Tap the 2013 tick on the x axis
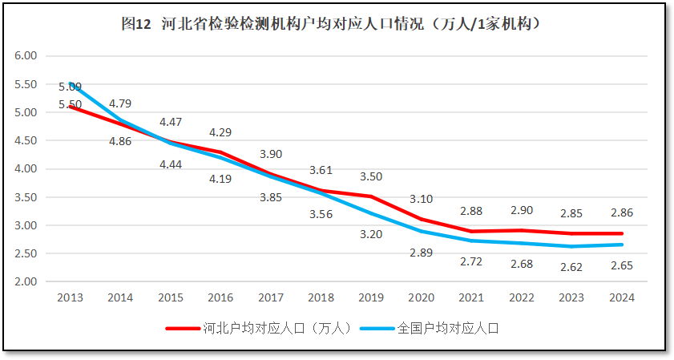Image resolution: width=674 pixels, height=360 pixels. point(70,297)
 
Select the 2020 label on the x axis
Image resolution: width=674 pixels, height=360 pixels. point(422,297)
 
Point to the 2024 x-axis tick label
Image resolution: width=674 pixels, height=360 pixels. point(622,297)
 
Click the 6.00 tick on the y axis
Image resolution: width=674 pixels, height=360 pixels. point(26,56)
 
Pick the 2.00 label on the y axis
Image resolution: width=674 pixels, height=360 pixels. point(26,281)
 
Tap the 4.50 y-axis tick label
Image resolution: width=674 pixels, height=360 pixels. point(26,140)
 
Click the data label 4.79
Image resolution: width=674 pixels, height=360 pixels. point(120,103)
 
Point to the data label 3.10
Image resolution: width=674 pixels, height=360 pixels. point(421,198)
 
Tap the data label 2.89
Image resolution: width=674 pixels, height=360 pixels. point(421,253)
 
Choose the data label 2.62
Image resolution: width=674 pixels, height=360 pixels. point(571,267)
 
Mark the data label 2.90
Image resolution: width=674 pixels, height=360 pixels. point(522,210)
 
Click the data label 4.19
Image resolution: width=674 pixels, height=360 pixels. point(220,179)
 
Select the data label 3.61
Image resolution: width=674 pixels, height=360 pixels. point(321,170)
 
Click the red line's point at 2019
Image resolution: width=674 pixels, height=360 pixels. point(371,196)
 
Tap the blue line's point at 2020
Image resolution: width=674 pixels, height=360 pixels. point(422,232)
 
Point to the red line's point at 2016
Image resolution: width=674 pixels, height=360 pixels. point(220,152)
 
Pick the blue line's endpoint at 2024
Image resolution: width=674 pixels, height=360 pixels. point(622,245)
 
